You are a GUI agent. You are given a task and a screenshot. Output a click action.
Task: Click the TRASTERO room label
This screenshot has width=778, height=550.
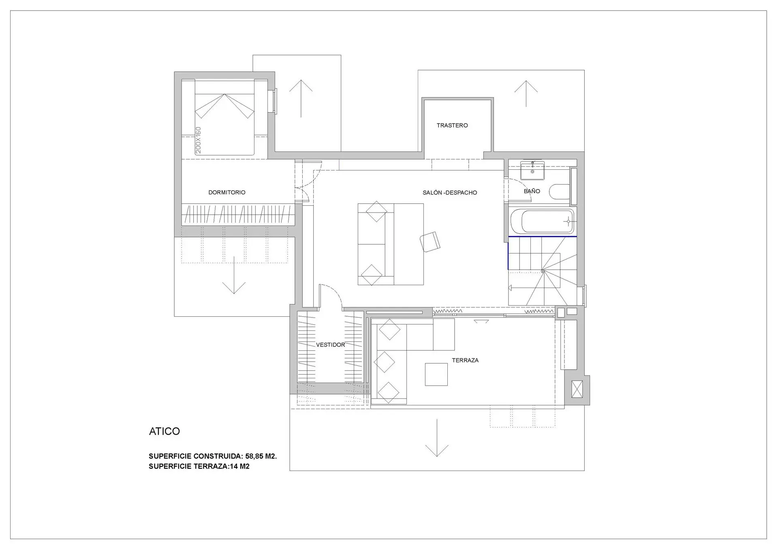(452, 126)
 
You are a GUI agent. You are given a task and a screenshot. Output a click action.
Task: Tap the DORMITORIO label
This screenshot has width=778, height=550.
(227, 192)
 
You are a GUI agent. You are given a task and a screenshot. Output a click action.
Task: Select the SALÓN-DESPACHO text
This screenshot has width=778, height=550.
(450, 193)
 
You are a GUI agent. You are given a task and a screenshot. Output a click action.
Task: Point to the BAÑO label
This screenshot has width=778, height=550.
(532, 191)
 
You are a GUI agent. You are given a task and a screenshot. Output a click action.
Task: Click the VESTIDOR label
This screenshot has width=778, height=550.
(331, 345)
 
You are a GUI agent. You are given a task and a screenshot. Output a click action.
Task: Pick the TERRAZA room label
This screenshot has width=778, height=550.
(465, 360)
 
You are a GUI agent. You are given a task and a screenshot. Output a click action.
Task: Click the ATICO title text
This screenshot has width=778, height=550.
(165, 431)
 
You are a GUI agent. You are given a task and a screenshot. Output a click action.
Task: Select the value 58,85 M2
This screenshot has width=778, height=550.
(261, 456)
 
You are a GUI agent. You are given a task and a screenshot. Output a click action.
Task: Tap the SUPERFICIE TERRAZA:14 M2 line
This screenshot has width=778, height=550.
(199, 466)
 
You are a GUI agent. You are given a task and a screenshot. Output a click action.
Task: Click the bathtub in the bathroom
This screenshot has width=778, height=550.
(542, 221)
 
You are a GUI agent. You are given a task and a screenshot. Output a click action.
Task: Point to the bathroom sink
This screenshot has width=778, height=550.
(532, 170)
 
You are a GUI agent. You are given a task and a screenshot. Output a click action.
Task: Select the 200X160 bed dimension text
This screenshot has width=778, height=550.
(198, 140)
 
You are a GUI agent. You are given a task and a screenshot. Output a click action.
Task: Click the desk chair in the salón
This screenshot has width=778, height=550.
(430, 242)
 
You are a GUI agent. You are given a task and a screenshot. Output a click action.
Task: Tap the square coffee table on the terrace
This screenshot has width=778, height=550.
(436, 374)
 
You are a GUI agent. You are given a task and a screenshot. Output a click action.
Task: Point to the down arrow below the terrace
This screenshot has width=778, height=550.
(437, 438)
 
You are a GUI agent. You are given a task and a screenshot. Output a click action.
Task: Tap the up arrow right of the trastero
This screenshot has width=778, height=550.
(526, 94)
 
